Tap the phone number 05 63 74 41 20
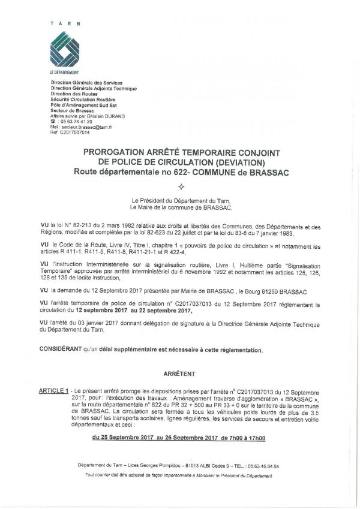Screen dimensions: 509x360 (x=76, y=122)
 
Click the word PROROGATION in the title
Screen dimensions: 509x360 (x=114, y=153)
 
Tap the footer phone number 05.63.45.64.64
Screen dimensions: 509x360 (x=263, y=465)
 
